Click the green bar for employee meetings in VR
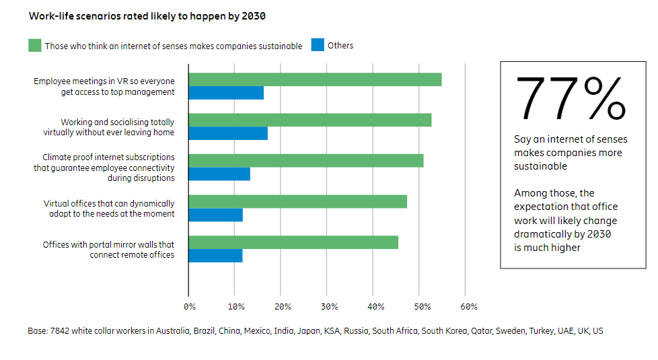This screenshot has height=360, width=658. [315, 79]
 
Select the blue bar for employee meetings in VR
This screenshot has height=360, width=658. [226, 93]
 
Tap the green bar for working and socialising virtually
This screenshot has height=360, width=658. [309, 120]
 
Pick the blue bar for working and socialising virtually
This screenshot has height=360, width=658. [228, 133]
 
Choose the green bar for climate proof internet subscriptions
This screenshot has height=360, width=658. [306, 160]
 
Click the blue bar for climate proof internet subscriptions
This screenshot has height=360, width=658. [219, 174]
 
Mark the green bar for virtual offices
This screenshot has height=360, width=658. [297, 201]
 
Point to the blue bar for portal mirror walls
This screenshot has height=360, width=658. [215, 256]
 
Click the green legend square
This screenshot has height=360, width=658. [35, 46]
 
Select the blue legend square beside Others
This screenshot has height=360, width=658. [317, 46]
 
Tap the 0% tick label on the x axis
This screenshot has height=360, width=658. [190, 307]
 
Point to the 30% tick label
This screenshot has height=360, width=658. [329, 307]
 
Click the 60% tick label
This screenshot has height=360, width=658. [469, 307]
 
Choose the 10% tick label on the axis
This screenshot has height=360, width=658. [235, 307]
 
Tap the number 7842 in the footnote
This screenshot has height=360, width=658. [61, 331]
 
